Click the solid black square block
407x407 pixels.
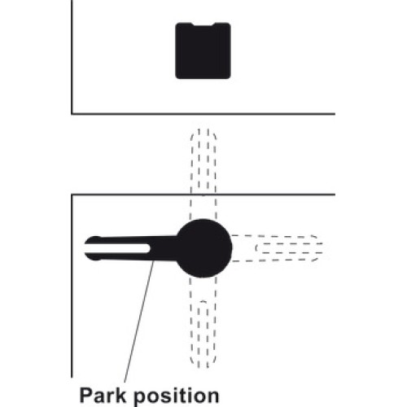pyautogui.click(x=203, y=50)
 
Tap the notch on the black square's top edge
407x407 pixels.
pyautogui.click(x=203, y=24)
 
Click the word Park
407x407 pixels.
pyautogui.click(x=103, y=396)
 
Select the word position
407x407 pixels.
pyautogui.click(x=177, y=396)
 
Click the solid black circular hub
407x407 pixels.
pyautogui.click(x=203, y=248)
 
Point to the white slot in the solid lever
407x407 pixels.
pyautogui.click(x=117, y=248)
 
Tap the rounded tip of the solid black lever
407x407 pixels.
pyautogui.click(x=90, y=248)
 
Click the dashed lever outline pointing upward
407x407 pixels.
pyautogui.click(x=203, y=173)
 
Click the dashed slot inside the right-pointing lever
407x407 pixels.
pyautogui.click(x=289, y=248)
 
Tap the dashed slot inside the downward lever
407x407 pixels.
pyautogui.click(x=203, y=334)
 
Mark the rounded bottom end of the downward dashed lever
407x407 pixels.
pyautogui.click(x=203, y=365)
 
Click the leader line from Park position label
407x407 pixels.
pyautogui.click(x=139, y=322)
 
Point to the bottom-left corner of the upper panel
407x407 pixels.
pyautogui.click(x=72, y=114)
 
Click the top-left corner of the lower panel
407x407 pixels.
pyautogui.click(x=72, y=195)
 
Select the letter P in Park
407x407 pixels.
pyautogui.click(x=85, y=396)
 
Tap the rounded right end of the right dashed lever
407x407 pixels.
pyautogui.click(x=317, y=248)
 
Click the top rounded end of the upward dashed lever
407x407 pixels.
pyautogui.click(x=203, y=133)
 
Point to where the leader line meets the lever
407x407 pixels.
pyautogui.click(x=154, y=260)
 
